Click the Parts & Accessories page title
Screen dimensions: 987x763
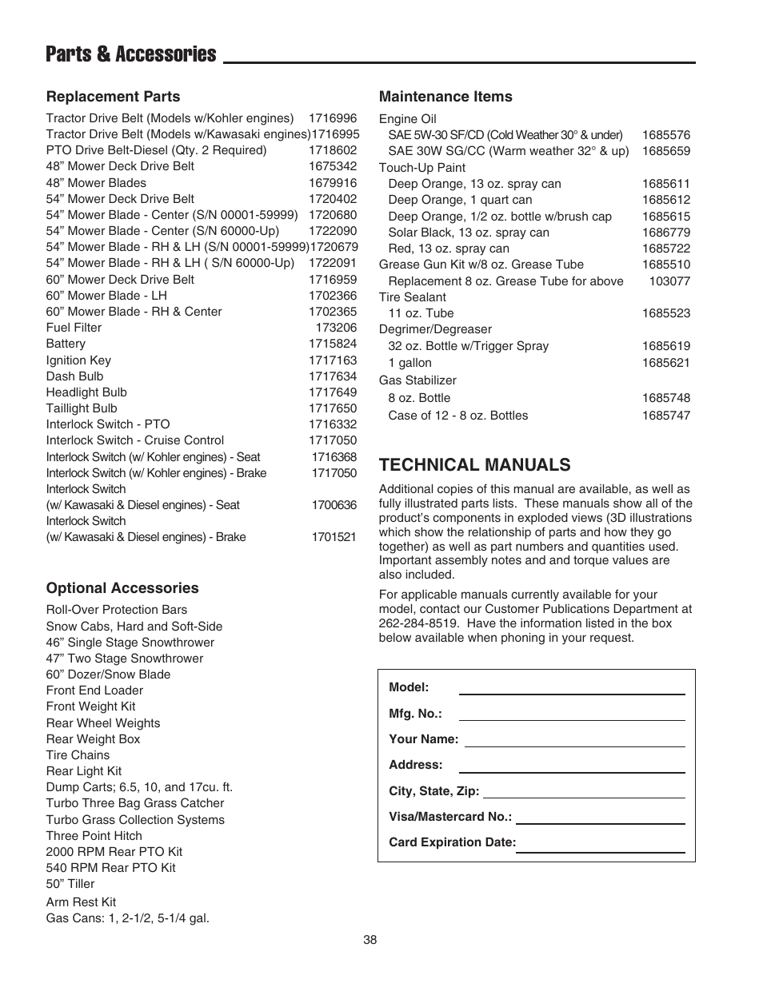(130, 54)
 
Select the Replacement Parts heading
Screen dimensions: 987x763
(113, 97)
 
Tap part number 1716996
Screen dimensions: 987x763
(333, 118)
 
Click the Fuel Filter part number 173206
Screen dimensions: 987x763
(336, 328)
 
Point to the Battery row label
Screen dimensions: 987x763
(66, 344)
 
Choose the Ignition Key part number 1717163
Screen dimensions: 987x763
(333, 360)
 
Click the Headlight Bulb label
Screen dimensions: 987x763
(86, 392)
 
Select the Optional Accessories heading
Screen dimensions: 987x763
(122, 588)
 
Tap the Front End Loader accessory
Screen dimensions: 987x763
(94, 691)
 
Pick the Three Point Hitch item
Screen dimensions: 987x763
(94, 836)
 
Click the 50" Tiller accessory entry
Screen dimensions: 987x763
(70, 884)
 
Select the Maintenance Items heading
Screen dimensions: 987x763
(445, 97)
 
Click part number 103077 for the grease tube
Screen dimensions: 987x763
(669, 281)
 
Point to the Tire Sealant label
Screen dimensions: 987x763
(413, 297)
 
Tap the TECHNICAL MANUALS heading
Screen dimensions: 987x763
(474, 465)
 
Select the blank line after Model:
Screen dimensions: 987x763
(571, 687)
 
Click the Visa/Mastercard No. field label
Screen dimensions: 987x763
(449, 817)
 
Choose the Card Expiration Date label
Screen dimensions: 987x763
(452, 842)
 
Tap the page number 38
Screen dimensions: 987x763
(370, 941)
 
